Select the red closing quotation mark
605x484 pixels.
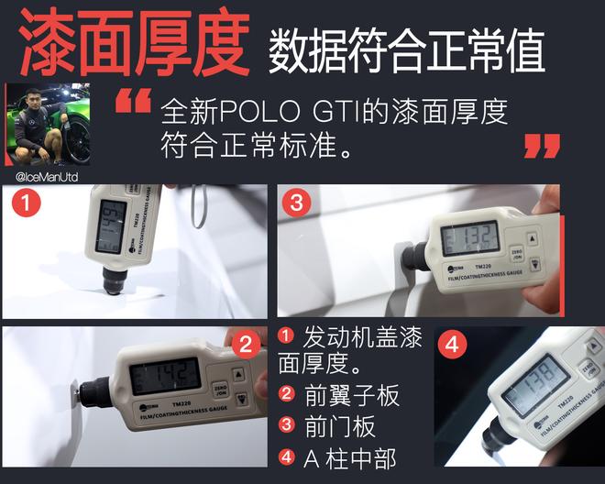[x=542, y=145]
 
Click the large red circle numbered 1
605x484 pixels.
[x=24, y=204]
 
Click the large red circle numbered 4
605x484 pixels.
[x=451, y=345]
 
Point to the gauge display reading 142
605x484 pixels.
[x=166, y=375]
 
